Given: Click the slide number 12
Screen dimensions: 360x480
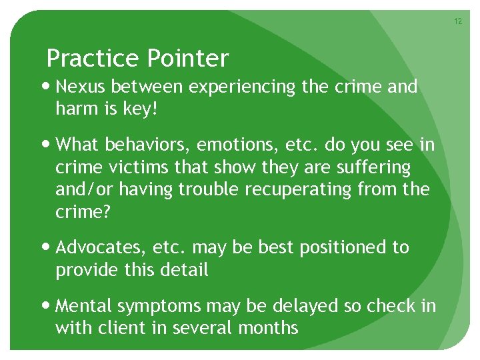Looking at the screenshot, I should (458, 22).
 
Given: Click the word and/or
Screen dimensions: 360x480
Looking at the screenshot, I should (81, 189).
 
